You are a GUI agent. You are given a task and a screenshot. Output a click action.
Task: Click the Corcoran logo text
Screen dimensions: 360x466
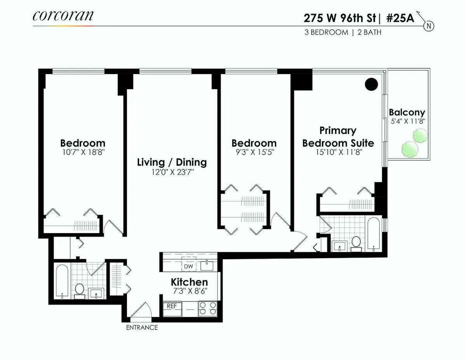point(63,16)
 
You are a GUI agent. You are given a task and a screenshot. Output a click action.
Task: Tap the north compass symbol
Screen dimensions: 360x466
point(429,26)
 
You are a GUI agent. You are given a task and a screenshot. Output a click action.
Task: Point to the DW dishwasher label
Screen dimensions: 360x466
point(188,267)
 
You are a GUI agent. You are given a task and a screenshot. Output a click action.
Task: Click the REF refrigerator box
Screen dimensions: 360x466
point(172,306)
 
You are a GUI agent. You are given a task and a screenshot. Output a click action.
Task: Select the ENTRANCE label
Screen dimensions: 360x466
point(142,327)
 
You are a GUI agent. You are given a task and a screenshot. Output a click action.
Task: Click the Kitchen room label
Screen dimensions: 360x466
point(189,282)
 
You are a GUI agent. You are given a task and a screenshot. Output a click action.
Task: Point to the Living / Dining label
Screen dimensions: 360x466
point(172,162)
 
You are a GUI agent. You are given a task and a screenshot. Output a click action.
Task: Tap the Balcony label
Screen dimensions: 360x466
point(407,112)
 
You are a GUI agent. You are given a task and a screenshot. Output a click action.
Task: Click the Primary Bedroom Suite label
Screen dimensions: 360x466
point(338,137)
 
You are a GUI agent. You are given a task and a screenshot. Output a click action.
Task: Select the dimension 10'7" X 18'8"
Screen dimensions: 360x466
point(82,152)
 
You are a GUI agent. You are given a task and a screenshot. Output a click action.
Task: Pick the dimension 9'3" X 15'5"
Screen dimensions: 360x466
point(254,152)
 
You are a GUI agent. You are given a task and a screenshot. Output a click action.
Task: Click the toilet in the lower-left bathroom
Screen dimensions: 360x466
point(79,289)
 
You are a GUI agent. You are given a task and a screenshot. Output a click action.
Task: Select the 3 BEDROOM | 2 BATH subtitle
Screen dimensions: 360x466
point(343,33)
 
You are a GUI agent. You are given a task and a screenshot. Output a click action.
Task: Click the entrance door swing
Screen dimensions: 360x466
point(141,310)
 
